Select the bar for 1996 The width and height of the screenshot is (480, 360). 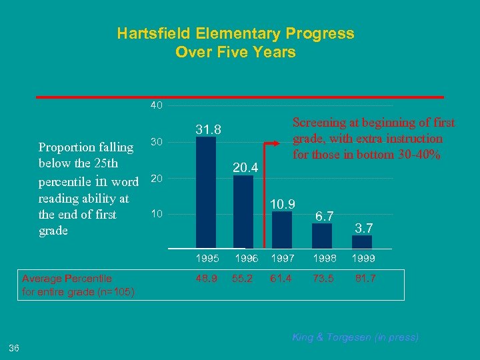pyautogui.click(x=244, y=213)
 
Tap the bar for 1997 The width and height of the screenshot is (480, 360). pyautogui.click(x=282, y=230)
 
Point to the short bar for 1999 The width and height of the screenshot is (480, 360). pyautogui.click(x=361, y=243)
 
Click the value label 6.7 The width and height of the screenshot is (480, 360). pyautogui.click(x=325, y=216)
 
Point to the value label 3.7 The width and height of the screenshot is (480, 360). pyautogui.click(x=363, y=228)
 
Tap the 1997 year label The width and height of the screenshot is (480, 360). pyautogui.click(x=283, y=258)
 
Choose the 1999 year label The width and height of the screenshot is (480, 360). pyautogui.click(x=363, y=258)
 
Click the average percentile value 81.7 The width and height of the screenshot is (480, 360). pyautogui.click(x=363, y=279)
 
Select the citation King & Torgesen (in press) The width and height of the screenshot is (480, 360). pyautogui.click(x=355, y=337)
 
